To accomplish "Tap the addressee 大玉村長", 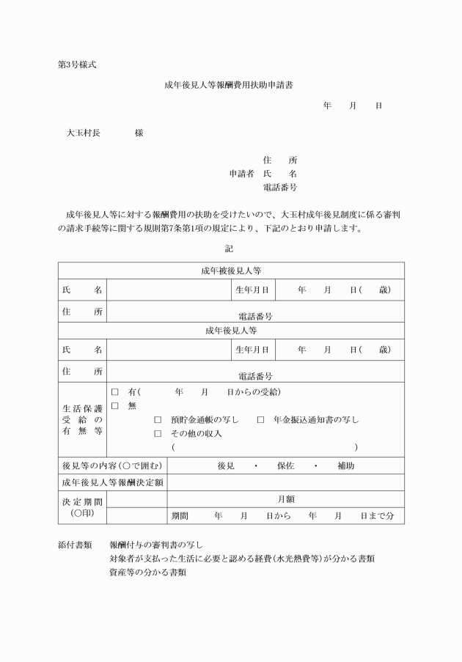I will [84, 133].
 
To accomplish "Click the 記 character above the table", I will [230, 249].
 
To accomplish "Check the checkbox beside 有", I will [114, 392].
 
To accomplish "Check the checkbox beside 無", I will [114, 405].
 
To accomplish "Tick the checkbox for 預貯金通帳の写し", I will [158, 420].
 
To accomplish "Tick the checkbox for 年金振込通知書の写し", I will [260, 420].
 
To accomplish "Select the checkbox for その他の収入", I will [158, 433].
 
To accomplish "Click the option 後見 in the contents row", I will [226, 466].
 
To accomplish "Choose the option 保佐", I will [286, 466].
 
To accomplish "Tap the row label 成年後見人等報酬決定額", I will [113, 482].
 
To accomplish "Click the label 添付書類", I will [75, 545].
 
